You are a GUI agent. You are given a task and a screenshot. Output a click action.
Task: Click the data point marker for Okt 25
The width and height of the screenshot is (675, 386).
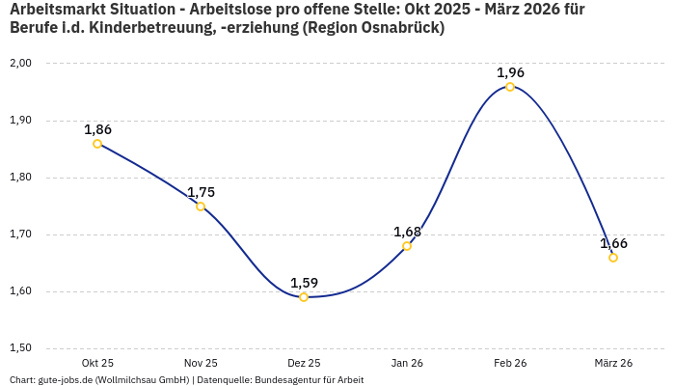[97, 144]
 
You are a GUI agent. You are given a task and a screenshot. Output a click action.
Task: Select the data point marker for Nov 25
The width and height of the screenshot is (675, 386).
[201, 207]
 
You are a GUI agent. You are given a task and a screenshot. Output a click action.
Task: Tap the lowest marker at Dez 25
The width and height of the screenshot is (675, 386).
[304, 297]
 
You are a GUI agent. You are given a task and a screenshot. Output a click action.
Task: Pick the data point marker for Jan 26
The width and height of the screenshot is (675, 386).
[407, 246]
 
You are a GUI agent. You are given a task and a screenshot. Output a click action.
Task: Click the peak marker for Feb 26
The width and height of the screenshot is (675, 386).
[510, 87]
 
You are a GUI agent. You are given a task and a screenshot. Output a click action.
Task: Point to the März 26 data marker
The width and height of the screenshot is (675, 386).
[613, 258]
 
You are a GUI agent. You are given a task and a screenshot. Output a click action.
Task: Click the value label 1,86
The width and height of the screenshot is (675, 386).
[97, 129]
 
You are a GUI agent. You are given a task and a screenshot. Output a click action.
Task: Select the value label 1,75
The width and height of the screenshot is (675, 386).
[201, 192]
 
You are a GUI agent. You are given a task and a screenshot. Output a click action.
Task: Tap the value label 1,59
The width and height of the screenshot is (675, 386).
[304, 283]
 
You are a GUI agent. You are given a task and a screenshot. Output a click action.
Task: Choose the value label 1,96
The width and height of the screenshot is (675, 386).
[510, 72]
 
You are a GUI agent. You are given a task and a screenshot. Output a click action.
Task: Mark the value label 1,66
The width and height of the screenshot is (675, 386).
[613, 243]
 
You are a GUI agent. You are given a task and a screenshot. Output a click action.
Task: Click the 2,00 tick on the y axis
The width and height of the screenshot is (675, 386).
[20, 64]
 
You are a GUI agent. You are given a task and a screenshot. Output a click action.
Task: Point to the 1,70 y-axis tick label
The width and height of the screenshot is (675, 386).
[20, 234]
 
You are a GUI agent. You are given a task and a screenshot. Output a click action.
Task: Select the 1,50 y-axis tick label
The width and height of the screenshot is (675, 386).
[20, 348]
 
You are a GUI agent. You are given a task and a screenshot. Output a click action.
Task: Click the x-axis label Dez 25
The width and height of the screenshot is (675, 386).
[304, 363]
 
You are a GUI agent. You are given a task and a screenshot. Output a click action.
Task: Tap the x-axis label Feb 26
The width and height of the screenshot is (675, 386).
[510, 363]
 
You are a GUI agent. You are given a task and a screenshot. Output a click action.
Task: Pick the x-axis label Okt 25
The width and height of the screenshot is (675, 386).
[97, 363]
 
